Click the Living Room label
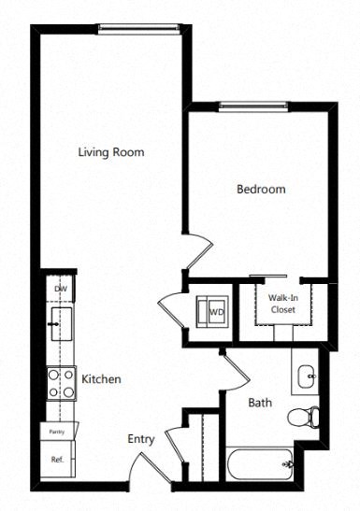point(110,151)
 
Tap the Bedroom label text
point(260,189)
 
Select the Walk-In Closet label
point(283,304)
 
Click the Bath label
point(260,404)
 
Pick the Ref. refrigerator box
point(58,460)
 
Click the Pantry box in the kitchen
point(58,432)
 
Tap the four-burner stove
point(61,383)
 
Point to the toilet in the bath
point(303,416)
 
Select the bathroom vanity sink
point(306,376)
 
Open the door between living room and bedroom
point(199,250)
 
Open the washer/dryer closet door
point(174,309)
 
